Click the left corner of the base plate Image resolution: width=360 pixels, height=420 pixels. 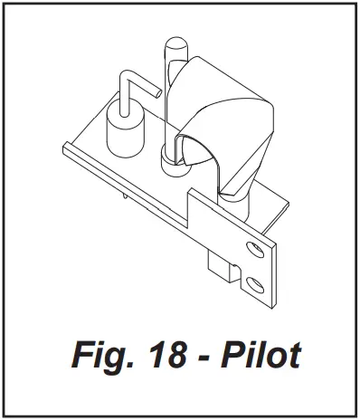[x=63, y=145]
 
